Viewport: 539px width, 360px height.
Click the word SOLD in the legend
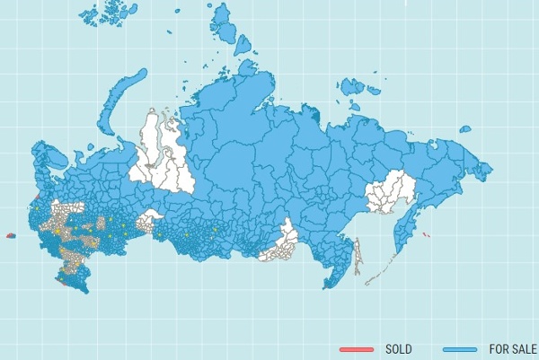(398, 348)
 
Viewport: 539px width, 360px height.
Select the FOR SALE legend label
(512, 348)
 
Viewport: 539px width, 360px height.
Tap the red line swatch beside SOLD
(356, 348)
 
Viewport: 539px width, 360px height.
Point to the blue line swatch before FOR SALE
(459, 348)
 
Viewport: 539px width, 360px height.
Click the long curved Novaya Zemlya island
(115, 91)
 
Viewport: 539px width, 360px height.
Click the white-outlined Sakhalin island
(358, 256)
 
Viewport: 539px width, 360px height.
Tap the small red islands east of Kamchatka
(426, 235)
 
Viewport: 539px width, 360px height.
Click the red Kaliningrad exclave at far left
(11, 235)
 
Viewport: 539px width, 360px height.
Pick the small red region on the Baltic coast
(34, 198)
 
